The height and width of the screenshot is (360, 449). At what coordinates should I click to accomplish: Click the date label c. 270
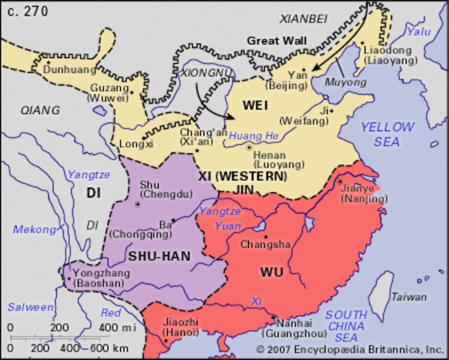point(22,10)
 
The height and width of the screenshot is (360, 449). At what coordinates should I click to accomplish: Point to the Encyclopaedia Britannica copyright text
point(349,349)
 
